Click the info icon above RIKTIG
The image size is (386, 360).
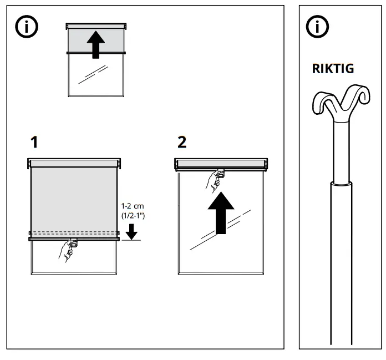(318, 28)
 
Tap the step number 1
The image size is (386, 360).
(34, 143)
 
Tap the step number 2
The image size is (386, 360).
(182, 143)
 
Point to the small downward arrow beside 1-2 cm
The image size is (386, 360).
(131, 230)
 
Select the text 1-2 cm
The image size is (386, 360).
(131, 206)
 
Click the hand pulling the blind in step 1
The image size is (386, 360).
(68, 251)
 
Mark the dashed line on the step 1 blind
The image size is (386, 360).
(74, 231)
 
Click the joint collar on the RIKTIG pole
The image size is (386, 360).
(342, 182)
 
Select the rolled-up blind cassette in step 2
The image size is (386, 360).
(222, 164)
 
